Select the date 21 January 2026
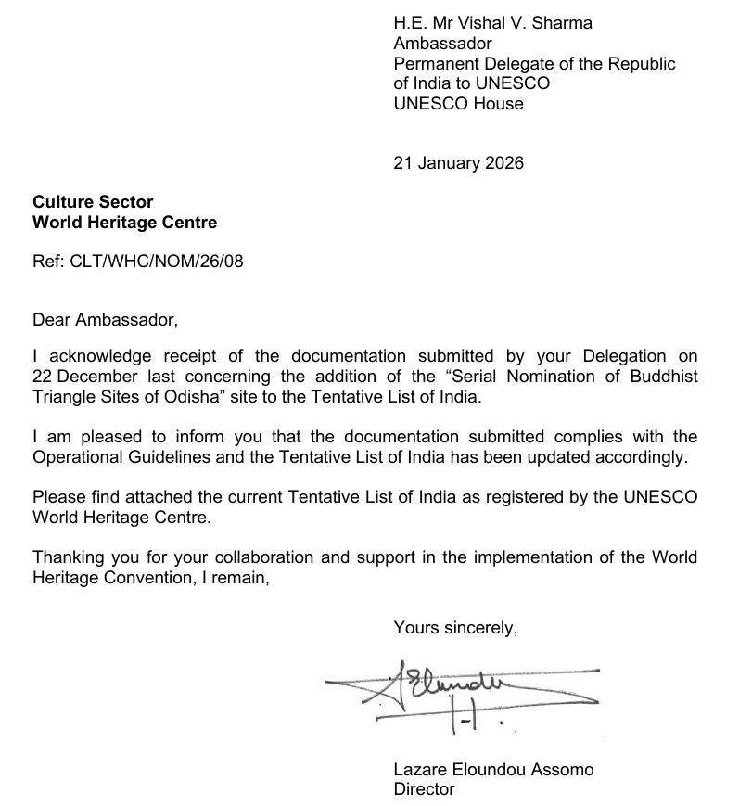(458, 163)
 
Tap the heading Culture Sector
(93, 202)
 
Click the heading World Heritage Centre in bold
(124, 223)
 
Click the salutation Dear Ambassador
(104, 320)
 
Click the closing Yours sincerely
(455, 628)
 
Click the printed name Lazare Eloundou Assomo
(493, 770)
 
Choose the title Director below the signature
(424, 789)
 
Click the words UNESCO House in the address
(458, 104)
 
